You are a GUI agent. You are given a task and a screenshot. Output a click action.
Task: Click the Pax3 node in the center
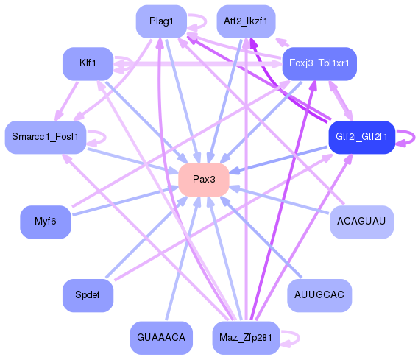pyautogui.click(x=204, y=180)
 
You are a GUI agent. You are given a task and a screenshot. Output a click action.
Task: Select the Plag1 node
pyautogui.click(x=161, y=21)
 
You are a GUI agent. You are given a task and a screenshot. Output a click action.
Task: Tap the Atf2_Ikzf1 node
pyautogui.click(x=246, y=21)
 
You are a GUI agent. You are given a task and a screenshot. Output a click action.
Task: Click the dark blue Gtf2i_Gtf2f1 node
pyautogui.click(x=361, y=137)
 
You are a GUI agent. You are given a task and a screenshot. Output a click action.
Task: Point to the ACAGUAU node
pyautogui.click(x=361, y=222)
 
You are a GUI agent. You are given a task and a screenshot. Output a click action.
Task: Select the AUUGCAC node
pyautogui.click(x=319, y=295)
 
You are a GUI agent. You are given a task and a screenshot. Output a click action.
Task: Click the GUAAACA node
pyautogui.click(x=161, y=338)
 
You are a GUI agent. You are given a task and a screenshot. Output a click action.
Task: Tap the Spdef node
pyautogui.click(x=88, y=295)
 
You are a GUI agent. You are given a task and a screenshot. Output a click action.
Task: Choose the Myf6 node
pyautogui.click(x=46, y=222)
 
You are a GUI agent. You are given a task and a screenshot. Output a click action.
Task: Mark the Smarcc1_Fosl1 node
pyautogui.click(x=46, y=137)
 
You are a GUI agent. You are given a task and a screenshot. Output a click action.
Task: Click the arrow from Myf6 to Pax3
pyautogui.click(x=125, y=200)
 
